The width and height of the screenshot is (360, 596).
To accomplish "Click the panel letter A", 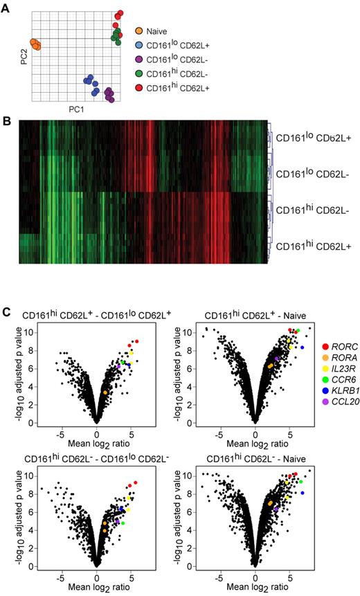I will point(8,6).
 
